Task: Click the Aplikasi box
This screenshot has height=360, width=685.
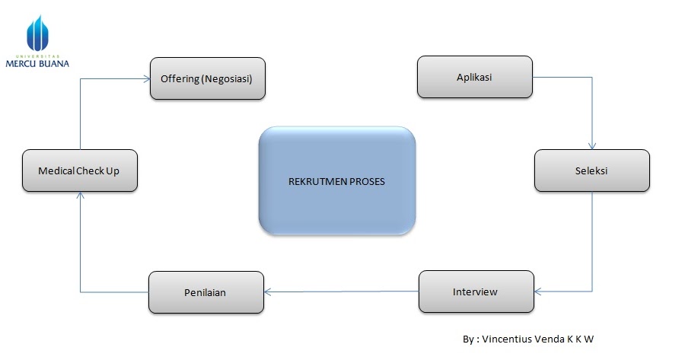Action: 474,78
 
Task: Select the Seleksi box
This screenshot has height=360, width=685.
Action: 591,170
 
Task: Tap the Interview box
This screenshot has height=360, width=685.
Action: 475,292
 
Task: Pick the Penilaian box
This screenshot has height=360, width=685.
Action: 205,292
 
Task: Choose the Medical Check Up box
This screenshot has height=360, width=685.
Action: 79,170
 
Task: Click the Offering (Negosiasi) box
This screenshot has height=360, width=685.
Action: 207,78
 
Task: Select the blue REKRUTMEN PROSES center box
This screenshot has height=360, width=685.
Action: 336,181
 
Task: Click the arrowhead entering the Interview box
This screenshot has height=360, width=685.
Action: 537,292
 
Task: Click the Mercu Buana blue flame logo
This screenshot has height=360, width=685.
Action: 37,34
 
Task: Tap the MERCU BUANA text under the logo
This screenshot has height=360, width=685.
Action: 37,64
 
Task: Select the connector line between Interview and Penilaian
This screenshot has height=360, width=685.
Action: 342,292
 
